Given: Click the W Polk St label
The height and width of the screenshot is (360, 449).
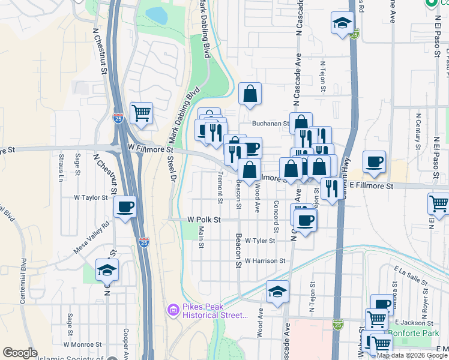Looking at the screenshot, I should coord(204,220).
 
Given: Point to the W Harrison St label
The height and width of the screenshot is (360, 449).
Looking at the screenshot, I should coord(265,261).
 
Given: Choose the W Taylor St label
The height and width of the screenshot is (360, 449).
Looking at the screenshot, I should coord(90,197).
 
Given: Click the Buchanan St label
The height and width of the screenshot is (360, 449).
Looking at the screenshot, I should coord(271,124).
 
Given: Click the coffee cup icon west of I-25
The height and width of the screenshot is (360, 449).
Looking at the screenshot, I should coord(125,206).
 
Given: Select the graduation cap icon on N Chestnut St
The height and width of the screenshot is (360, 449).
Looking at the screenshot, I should coord(107,270).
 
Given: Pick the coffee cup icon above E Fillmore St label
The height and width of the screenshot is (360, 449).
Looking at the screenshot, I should coord(375,161).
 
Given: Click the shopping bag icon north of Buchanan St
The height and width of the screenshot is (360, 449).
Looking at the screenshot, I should coord(250,93).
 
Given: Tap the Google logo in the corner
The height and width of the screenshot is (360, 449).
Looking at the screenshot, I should coord(20,353).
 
